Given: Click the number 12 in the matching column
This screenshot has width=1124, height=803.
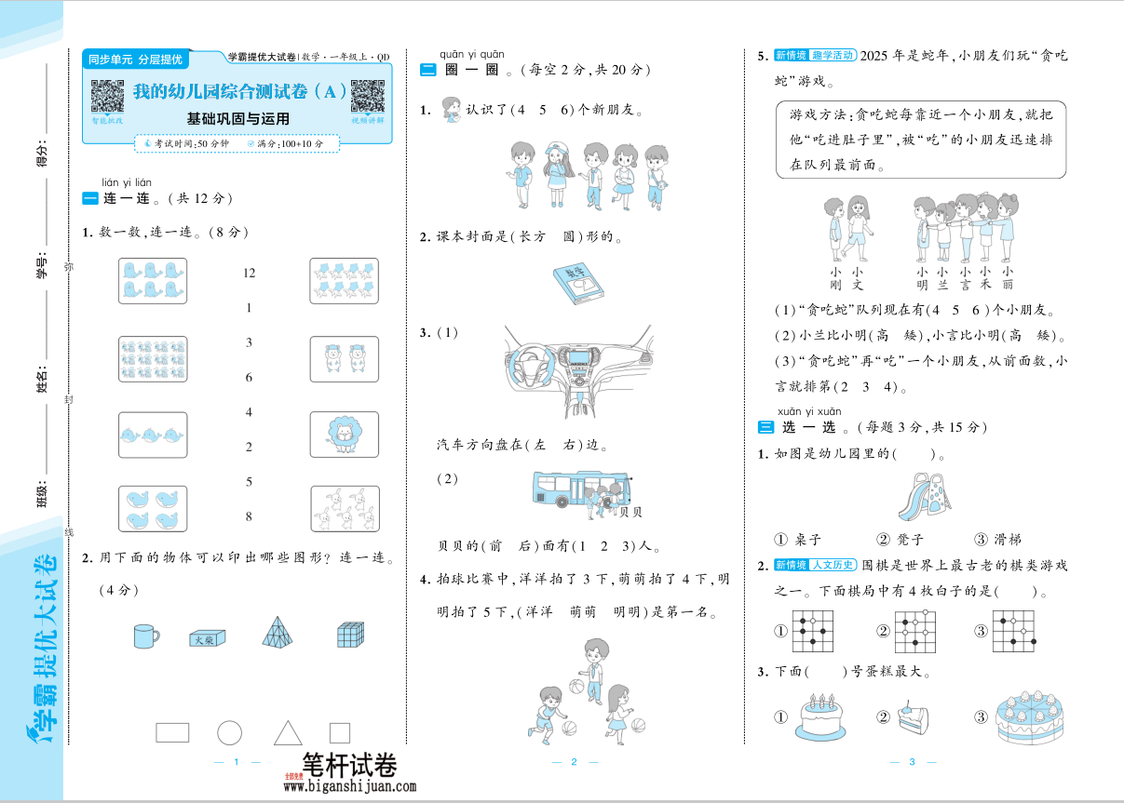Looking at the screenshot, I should (249, 273).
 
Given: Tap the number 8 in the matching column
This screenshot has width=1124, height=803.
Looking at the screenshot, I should (249, 516).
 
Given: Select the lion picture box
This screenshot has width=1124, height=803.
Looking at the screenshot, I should (344, 433).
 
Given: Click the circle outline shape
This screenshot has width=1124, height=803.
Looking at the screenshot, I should (229, 732).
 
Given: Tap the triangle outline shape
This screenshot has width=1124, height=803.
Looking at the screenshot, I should (288, 732).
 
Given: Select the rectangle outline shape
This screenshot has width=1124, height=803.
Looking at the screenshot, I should (172, 732).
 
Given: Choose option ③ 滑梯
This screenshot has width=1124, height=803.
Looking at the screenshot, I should (996, 540).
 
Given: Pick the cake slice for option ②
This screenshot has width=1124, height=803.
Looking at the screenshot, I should (914, 717).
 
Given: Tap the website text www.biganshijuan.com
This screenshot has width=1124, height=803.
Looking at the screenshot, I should (349, 786).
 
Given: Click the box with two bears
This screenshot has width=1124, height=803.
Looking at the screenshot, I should (344, 358).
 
